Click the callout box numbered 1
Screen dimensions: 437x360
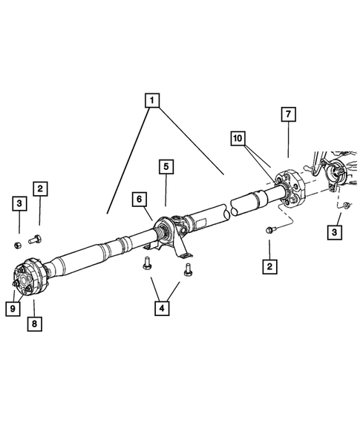click(152, 99)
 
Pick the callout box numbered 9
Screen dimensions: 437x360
click(13, 307)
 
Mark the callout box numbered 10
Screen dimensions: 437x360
click(237, 139)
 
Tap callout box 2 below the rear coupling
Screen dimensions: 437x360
click(269, 265)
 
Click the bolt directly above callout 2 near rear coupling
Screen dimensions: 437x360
click(270, 230)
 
